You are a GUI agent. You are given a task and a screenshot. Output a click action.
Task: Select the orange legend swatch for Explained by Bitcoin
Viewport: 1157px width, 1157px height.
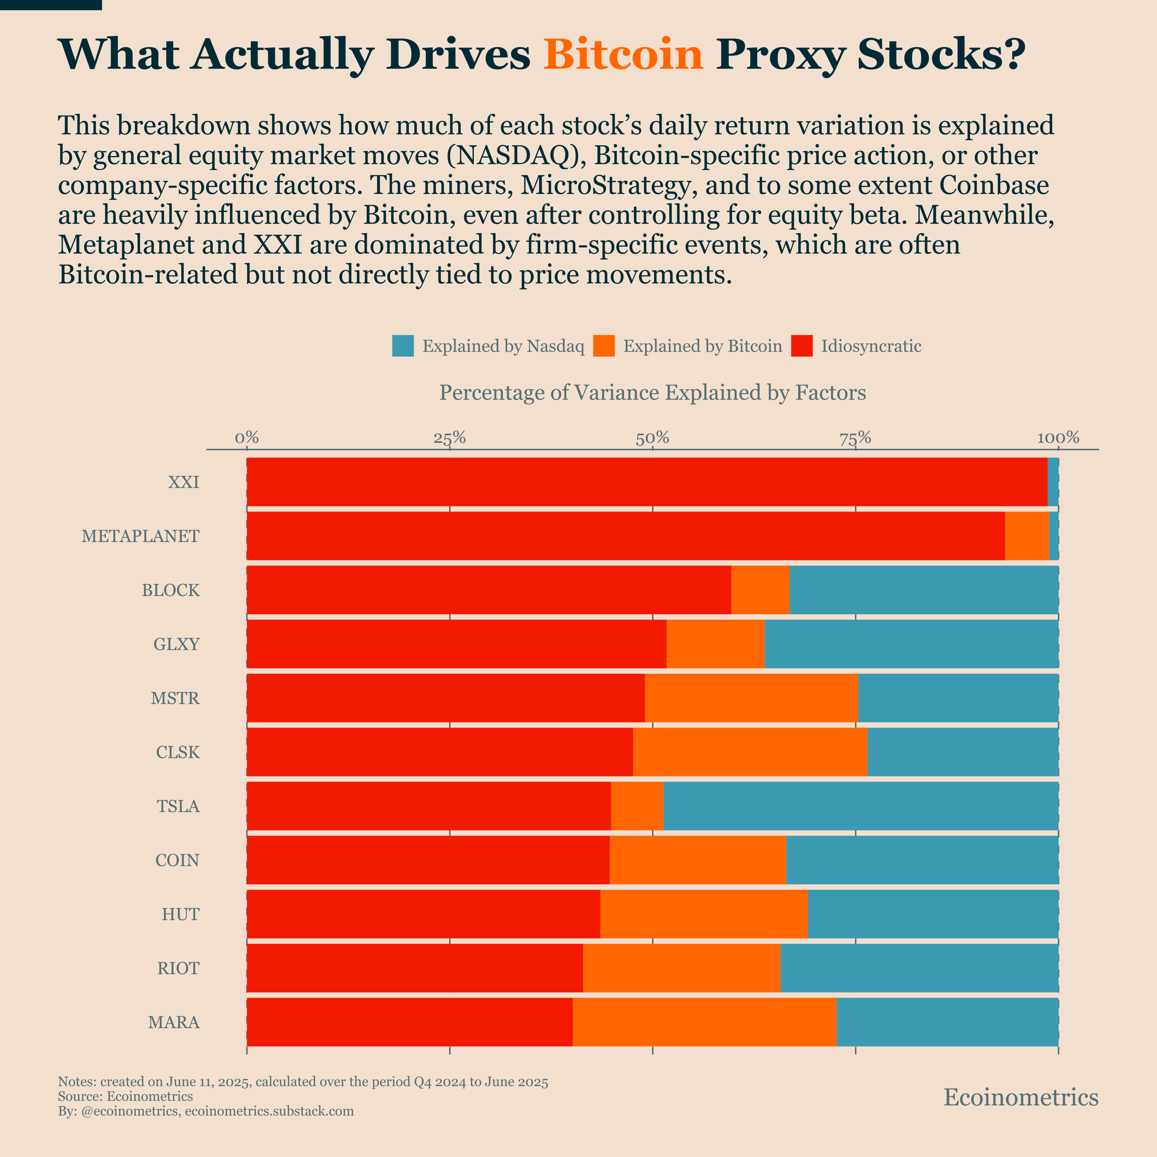[x=604, y=346]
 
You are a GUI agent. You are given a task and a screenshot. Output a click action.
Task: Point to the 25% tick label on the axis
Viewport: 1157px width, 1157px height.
[x=449, y=438]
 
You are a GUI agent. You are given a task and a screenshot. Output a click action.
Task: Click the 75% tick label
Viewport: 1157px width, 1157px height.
[x=855, y=438]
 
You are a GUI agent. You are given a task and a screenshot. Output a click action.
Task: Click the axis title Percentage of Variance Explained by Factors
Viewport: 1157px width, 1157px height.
[x=653, y=393]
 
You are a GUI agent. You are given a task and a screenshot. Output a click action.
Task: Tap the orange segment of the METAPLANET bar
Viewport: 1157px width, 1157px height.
[x=1026, y=536]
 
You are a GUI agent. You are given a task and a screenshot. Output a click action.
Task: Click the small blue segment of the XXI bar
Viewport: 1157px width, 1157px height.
[x=1053, y=482]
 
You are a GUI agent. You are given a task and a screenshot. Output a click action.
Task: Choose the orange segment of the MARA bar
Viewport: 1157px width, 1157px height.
[x=704, y=1022]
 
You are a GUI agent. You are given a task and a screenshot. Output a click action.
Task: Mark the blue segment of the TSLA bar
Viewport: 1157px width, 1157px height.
[x=860, y=806]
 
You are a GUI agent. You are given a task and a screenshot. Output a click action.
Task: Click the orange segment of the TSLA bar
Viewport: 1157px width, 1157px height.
[x=636, y=806]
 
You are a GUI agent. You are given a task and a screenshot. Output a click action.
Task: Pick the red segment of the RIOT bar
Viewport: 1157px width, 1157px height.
[x=414, y=968]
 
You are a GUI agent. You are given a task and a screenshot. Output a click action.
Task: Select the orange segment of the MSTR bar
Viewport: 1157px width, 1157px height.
[x=751, y=698]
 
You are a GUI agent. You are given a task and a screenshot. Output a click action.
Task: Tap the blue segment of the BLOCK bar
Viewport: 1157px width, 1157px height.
[x=924, y=590]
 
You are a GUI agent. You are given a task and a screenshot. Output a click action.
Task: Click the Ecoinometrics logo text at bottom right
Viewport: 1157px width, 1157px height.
[x=1020, y=1097]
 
